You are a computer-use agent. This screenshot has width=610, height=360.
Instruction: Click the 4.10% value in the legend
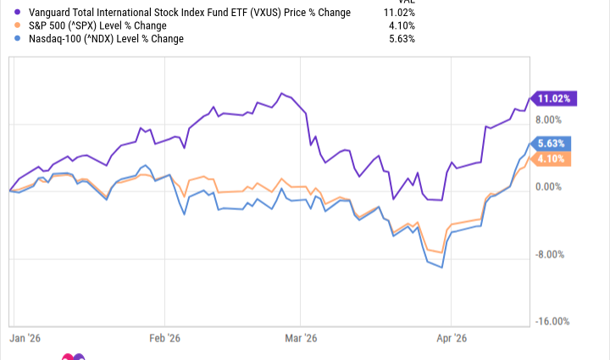pyautogui.click(x=402, y=25)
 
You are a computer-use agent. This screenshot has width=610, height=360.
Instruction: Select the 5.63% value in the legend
pyautogui.click(x=402, y=38)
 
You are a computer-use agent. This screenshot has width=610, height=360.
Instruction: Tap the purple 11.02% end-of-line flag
pyautogui.click(x=552, y=99)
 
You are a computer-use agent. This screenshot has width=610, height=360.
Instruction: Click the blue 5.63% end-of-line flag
pyautogui.click(x=555, y=143)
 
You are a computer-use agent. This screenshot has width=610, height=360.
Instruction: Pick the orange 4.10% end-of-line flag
pyautogui.click(x=555, y=158)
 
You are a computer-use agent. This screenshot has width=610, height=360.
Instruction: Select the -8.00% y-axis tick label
pyautogui.click(x=552, y=255)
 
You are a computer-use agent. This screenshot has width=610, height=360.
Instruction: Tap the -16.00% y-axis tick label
pyautogui.click(x=550, y=322)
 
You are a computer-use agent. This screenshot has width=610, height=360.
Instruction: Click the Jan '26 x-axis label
pyautogui.click(x=27, y=337)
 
